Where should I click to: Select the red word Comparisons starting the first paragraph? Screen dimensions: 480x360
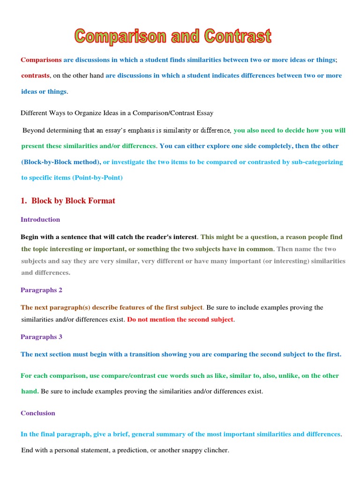click(41, 60)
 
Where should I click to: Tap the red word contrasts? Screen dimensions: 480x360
click(35, 75)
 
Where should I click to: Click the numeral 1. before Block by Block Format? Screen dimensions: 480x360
click(24, 201)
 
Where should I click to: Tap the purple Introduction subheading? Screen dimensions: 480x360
click(40, 219)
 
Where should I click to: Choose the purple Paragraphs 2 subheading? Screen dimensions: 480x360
click(41, 290)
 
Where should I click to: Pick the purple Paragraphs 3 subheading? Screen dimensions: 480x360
click(41, 337)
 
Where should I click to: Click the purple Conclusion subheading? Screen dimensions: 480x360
click(38, 413)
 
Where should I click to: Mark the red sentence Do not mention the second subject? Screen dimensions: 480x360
click(180, 319)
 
